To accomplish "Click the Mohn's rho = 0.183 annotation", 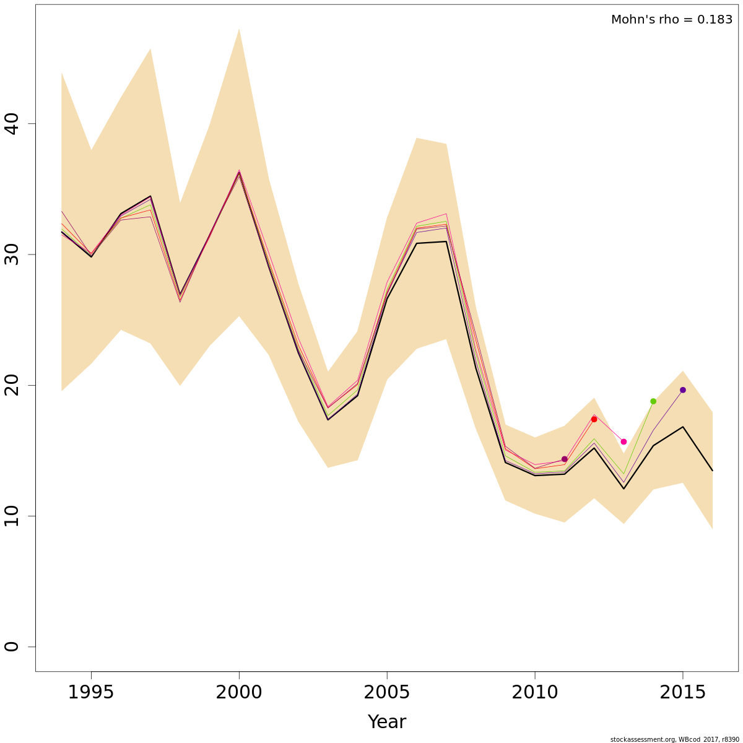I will (671, 20).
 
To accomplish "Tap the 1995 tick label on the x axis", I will (91, 692).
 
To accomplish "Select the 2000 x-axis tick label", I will (239, 692).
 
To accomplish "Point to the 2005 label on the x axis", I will (387, 692).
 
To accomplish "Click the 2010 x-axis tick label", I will (535, 692).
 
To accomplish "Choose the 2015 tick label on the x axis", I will (682, 692).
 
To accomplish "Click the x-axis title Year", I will (387, 722).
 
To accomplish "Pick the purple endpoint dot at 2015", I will (683, 390).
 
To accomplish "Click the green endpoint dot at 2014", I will (653, 401).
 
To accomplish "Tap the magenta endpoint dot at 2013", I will (624, 441).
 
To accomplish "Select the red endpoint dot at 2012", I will (594, 419).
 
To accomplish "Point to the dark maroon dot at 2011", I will (564, 459).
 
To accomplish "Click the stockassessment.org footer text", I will (674, 739).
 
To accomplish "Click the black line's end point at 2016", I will (712, 471).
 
